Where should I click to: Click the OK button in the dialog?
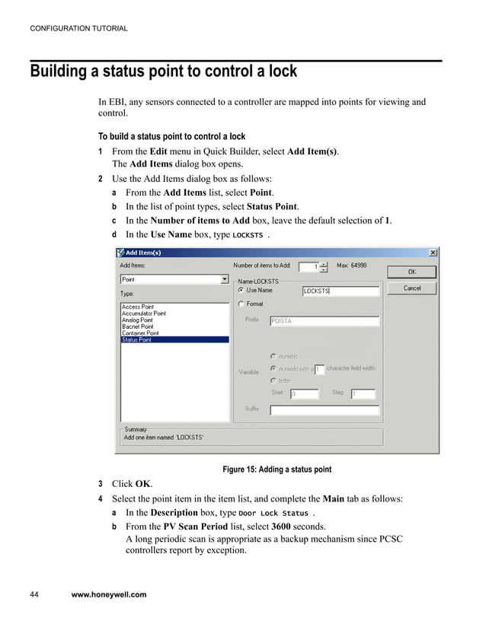[x=411, y=271]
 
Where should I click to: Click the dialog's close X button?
[x=433, y=253]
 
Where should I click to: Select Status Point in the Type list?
[x=137, y=339]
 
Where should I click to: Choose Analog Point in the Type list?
[x=137, y=320]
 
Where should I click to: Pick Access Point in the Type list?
[x=137, y=307]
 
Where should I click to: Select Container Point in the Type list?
[x=140, y=333]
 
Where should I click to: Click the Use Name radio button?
[x=241, y=290]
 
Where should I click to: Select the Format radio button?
[x=241, y=304]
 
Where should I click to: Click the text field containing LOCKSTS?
[x=340, y=291]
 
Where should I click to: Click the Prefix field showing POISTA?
[x=325, y=321]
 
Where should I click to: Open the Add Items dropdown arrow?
[x=224, y=279]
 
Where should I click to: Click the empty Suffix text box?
[x=325, y=409]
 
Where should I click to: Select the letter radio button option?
[x=273, y=380]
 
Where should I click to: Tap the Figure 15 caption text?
[x=277, y=470]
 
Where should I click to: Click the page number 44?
[x=35, y=594]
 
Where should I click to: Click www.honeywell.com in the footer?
[x=108, y=594]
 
